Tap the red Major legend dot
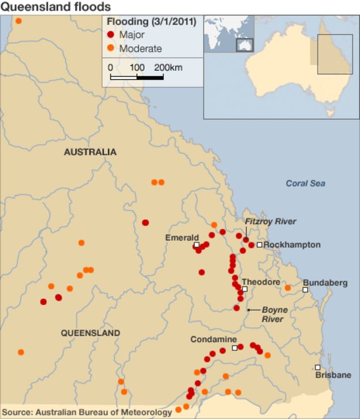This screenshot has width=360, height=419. (111, 35)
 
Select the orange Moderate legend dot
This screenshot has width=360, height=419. (111, 48)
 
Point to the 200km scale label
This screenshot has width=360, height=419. (168, 68)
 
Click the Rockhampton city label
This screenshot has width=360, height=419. (292, 245)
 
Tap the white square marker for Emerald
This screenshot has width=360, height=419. (197, 245)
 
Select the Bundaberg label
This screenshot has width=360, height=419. (325, 283)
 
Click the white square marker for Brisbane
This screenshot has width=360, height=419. (317, 367)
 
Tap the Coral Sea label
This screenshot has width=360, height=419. (305, 184)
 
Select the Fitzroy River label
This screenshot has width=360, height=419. (270, 222)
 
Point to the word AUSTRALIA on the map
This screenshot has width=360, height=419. (90, 152)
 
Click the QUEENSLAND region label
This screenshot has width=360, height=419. (91, 333)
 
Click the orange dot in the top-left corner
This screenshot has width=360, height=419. (18, 21)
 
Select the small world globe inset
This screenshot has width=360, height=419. (229, 34)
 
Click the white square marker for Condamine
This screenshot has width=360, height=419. (234, 348)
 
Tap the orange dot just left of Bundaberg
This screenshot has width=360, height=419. (288, 287)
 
